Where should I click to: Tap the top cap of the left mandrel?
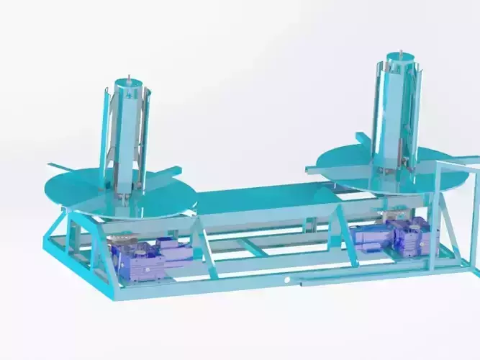128,89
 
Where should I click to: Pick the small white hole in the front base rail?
287,279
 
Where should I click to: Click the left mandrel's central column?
128,137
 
